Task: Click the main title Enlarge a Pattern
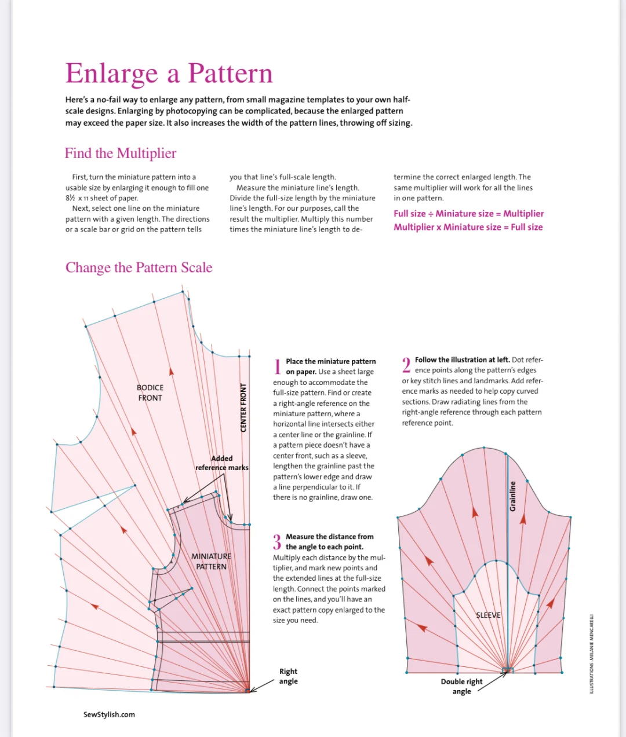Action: point(169,74)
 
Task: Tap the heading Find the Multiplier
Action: point(121,153)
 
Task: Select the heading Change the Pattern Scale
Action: point(139,267)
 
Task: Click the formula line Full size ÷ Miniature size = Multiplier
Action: point(468,214)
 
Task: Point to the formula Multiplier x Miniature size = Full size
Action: point(468,227)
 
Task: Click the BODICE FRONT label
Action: point(150,393)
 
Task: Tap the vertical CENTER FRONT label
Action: point(243,408)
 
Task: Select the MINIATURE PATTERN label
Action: point(211,561)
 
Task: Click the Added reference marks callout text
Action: point(221,463)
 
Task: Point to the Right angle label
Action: point(288,676)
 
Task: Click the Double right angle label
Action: point(461,686)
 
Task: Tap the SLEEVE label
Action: point(488,615)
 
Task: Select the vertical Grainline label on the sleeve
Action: point(512,496)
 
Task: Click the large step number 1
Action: point(278,366)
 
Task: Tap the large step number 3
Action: point(277,542)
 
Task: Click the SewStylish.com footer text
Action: point(109,714)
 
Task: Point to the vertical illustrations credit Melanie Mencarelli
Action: point(591,654)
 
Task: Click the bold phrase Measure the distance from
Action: point(329,537)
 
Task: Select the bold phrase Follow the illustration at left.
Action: point(462,360)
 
